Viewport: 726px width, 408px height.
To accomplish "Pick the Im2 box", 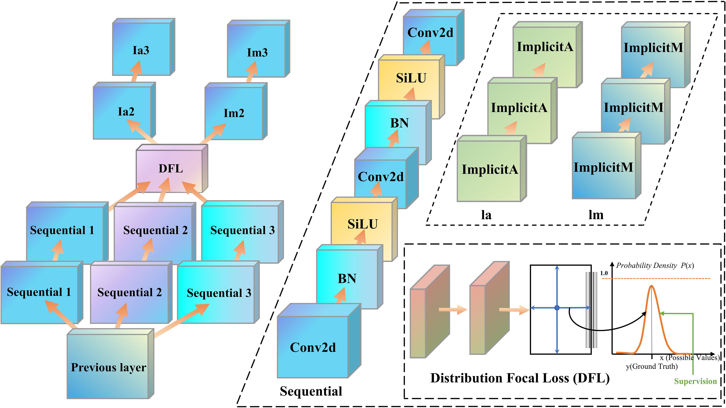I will [234, 113].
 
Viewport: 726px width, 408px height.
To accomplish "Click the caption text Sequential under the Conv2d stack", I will [311, 391].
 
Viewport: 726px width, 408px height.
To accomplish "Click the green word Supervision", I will [695, 381].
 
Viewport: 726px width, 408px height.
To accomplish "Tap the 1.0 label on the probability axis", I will [604, 273].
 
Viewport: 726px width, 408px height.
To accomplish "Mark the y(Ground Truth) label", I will [652, 366].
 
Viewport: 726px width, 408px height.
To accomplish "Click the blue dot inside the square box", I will [557, 308].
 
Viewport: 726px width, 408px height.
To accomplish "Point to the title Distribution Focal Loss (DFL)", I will [520, 378].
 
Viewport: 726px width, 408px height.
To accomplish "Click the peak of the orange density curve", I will [651, 286].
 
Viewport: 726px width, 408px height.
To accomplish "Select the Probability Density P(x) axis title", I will [655, 265].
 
